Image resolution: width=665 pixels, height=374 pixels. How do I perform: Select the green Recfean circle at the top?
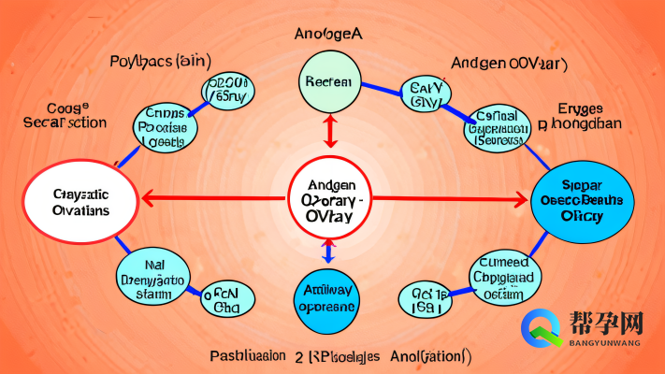coord(328,81)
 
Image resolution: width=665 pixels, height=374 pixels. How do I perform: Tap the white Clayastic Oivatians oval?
coord(81,201)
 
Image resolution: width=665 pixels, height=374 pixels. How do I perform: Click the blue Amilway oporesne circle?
coord(326,303)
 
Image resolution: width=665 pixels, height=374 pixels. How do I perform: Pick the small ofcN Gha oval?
coord(227,299)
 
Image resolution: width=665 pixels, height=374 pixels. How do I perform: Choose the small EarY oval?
coord(426,94)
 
